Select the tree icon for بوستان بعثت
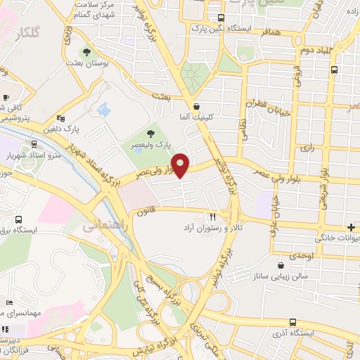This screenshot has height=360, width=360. tap(86, 52)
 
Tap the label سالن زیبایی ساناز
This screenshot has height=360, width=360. tap(281, 277)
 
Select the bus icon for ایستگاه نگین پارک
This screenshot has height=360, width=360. tap(221, 18)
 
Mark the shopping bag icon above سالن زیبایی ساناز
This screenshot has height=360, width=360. tap(281, 266)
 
